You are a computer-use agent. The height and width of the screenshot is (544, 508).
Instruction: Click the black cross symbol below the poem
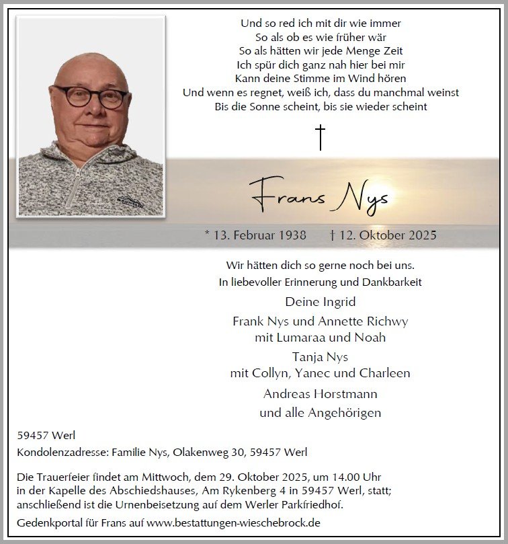click(x=321, y=137)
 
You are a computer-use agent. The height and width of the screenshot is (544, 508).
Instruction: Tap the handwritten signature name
click(x=319, y=194)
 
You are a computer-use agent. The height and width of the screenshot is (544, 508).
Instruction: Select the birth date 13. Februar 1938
click(x=255, y=235)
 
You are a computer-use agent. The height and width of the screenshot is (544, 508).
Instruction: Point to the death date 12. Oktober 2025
click(x=384, y=235)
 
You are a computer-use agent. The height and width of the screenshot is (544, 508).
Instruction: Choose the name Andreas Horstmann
click(x=321, y=393)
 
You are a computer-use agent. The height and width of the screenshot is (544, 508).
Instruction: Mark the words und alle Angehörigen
click(x=321, y=413)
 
